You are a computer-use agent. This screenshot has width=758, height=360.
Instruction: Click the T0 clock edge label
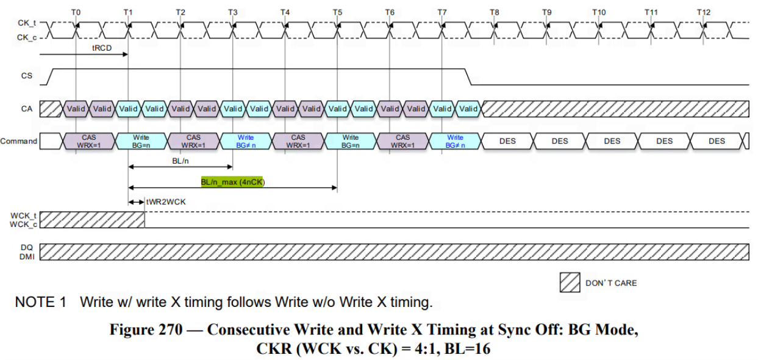point(75,12)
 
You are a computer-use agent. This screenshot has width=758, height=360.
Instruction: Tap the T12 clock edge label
point(704,12)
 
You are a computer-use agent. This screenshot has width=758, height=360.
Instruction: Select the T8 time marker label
point(494,12)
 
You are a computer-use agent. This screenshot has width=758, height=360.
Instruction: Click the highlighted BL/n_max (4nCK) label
point(233,182)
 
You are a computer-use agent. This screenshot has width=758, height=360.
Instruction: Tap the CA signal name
point(26,109)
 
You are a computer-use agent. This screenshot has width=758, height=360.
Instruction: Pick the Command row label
point(19,141)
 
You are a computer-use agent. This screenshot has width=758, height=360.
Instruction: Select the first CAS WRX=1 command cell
point(88,141)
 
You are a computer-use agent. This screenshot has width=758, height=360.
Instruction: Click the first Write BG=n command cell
point(141,141)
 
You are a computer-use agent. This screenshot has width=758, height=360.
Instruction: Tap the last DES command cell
point(717,141)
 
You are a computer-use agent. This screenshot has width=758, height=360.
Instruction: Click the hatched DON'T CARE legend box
point(570,283)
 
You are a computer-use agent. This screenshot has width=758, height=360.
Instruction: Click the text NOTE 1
point(40,302)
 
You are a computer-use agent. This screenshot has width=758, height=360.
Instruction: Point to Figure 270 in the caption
point(145,330)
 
